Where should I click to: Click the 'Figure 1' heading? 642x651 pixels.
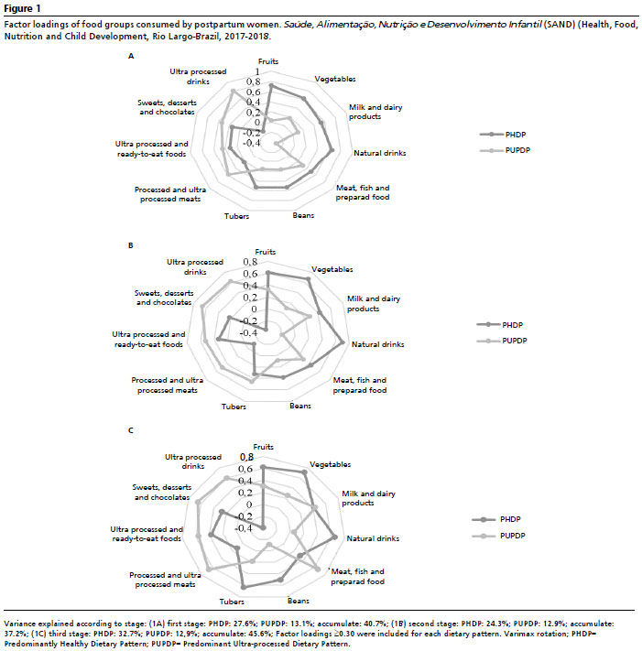(22, 8)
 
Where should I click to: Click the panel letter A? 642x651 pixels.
(131, 56)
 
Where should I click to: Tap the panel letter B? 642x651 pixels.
(131, 245)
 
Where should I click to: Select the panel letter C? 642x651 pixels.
(131, 430)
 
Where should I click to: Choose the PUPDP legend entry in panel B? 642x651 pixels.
(503, 341)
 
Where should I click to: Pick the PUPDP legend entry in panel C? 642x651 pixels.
(499, 536)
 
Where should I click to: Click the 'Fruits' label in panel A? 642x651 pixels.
(267, 61)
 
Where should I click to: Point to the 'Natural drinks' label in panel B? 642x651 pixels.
(378, 344)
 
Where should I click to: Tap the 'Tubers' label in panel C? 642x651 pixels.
(232, 602)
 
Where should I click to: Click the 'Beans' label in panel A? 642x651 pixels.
(303, 215)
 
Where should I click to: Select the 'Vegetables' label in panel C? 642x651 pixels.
(330, 464)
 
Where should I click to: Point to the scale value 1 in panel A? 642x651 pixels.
(257, 71)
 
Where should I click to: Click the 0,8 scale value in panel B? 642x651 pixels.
(250, 262)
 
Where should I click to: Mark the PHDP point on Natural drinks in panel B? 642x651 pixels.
(343, 342)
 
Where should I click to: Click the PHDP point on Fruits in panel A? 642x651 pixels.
(271, 85)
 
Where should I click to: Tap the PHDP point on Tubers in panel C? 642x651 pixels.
(244, 588)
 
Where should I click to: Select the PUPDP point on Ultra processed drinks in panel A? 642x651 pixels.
(233, 91)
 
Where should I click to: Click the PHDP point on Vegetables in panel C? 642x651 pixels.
(304, 472)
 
